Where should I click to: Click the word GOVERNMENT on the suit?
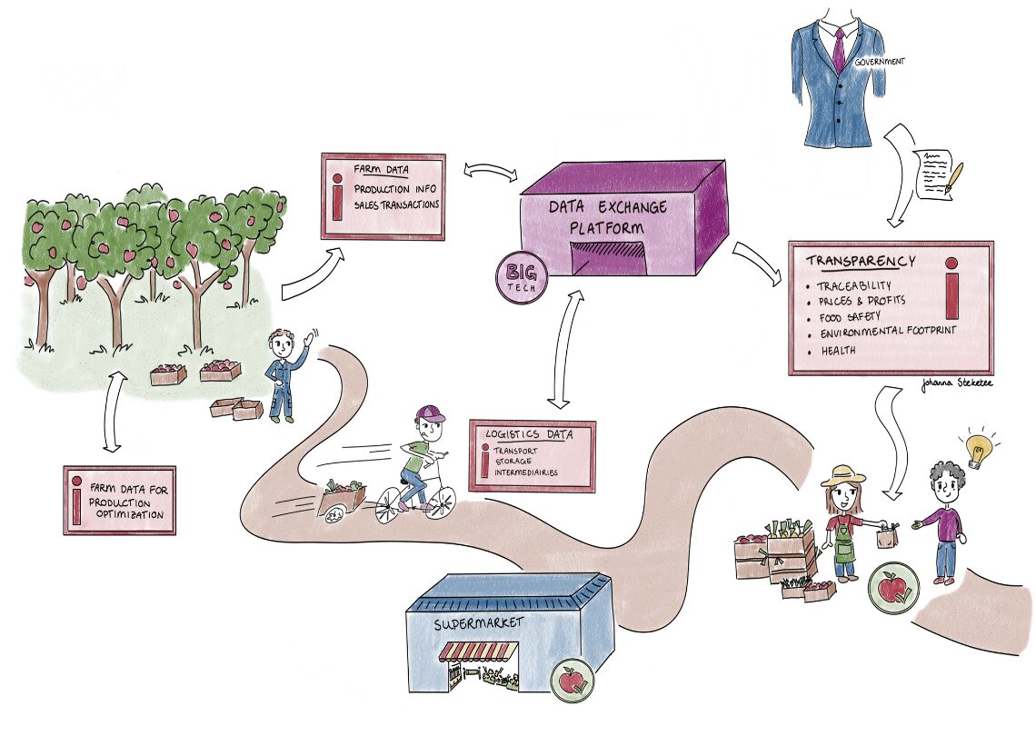pos(879,62)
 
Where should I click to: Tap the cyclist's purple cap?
pos(428,414)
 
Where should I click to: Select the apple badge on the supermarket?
pos(572,678)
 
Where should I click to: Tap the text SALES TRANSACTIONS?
pos(397,204)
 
